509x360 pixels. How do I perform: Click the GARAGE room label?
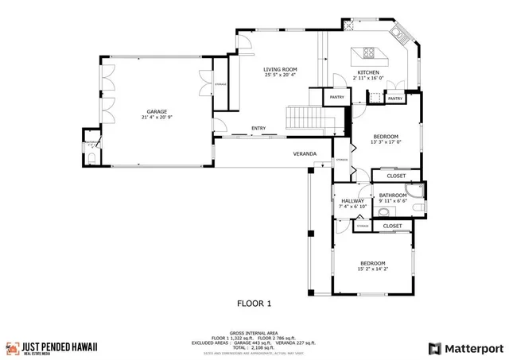(156, 111)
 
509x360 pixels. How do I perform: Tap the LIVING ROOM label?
(279, 69)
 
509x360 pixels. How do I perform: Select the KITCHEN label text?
(367, 72)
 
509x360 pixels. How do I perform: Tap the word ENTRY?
(258, 128)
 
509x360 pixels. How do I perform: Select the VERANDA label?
(304, 153)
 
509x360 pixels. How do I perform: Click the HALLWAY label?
(352, 201)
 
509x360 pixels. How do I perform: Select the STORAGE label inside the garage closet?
(220, 83)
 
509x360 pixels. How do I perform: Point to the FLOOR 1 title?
(254, 303)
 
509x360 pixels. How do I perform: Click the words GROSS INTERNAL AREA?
(254, 333)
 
